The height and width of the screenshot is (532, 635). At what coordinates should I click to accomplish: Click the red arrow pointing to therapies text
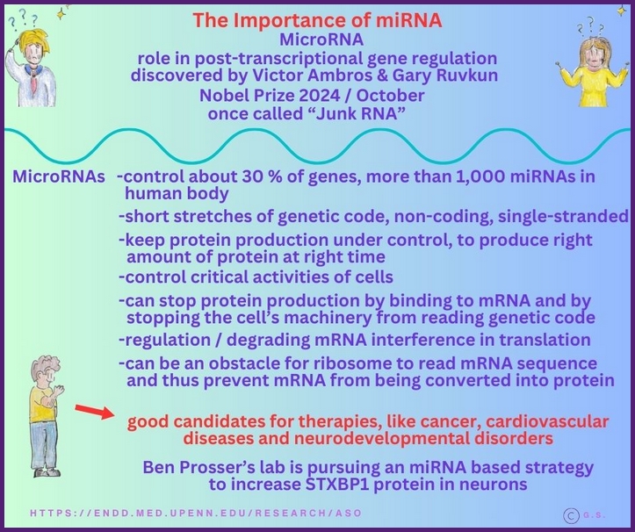(x=92, y=412)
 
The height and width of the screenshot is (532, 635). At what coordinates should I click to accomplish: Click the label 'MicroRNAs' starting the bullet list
(x=61, y=176)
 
